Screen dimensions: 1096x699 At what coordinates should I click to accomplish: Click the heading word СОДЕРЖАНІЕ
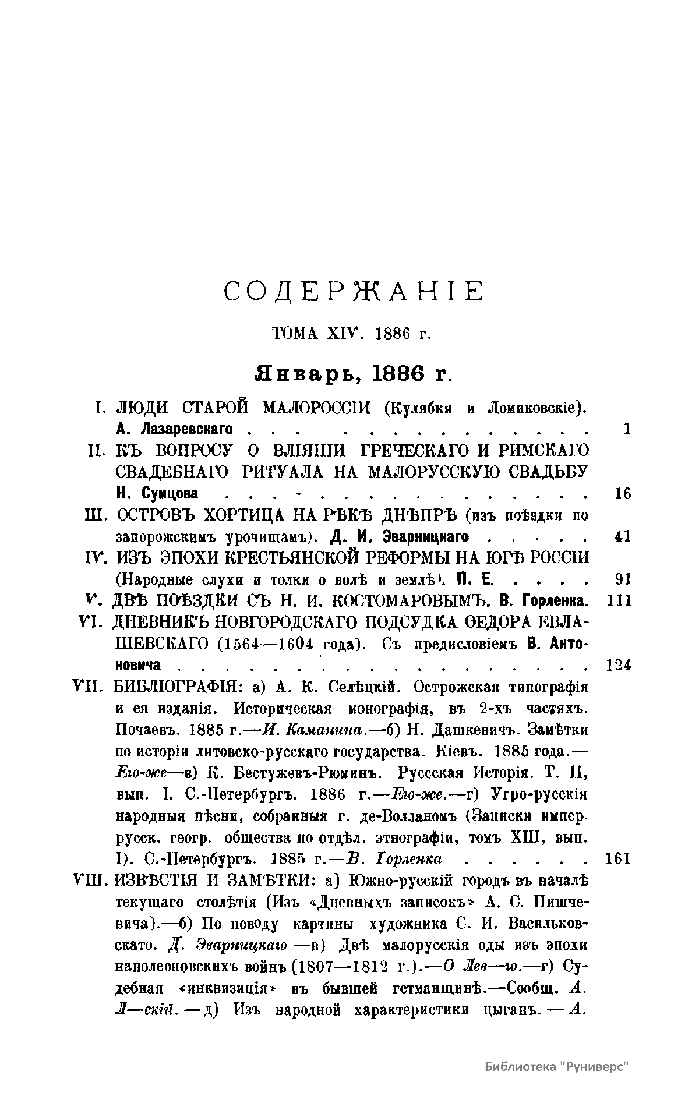[354, 291]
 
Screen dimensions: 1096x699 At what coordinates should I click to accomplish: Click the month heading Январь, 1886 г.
[354, 373]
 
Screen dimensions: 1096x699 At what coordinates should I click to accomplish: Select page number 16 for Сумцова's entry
[623, 494]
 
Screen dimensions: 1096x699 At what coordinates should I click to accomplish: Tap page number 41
[623, 536]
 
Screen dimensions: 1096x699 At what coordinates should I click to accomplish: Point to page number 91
[623, 579]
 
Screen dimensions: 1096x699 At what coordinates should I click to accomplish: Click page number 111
[619, 600]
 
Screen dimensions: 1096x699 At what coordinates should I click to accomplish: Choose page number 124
[619, 664]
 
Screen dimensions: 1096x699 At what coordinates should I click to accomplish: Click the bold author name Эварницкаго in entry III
[428, 536]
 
